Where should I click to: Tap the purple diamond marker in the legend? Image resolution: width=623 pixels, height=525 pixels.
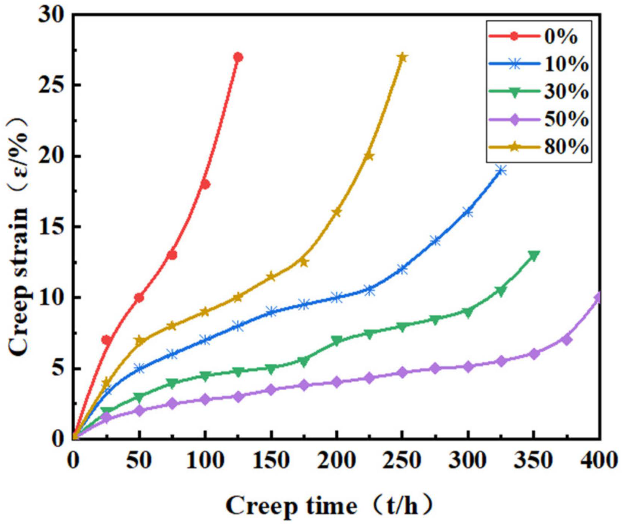point(514,120)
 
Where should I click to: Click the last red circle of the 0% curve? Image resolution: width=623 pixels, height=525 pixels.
point(238,57)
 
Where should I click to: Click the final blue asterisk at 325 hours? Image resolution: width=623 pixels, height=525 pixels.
point(501,171)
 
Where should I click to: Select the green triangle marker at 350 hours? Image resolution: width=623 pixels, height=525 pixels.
point(534,256)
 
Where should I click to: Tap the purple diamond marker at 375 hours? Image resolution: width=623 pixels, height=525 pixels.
point(567,339)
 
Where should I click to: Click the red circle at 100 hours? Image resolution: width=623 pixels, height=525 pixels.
point(205,184)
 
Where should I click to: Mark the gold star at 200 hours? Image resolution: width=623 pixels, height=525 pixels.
point(337,212)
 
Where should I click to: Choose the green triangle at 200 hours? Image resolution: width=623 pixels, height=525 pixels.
point(337,341)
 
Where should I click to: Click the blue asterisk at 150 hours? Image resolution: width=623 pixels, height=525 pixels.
point(271,312)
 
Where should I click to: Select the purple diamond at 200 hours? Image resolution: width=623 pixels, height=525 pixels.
point(337,382)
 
